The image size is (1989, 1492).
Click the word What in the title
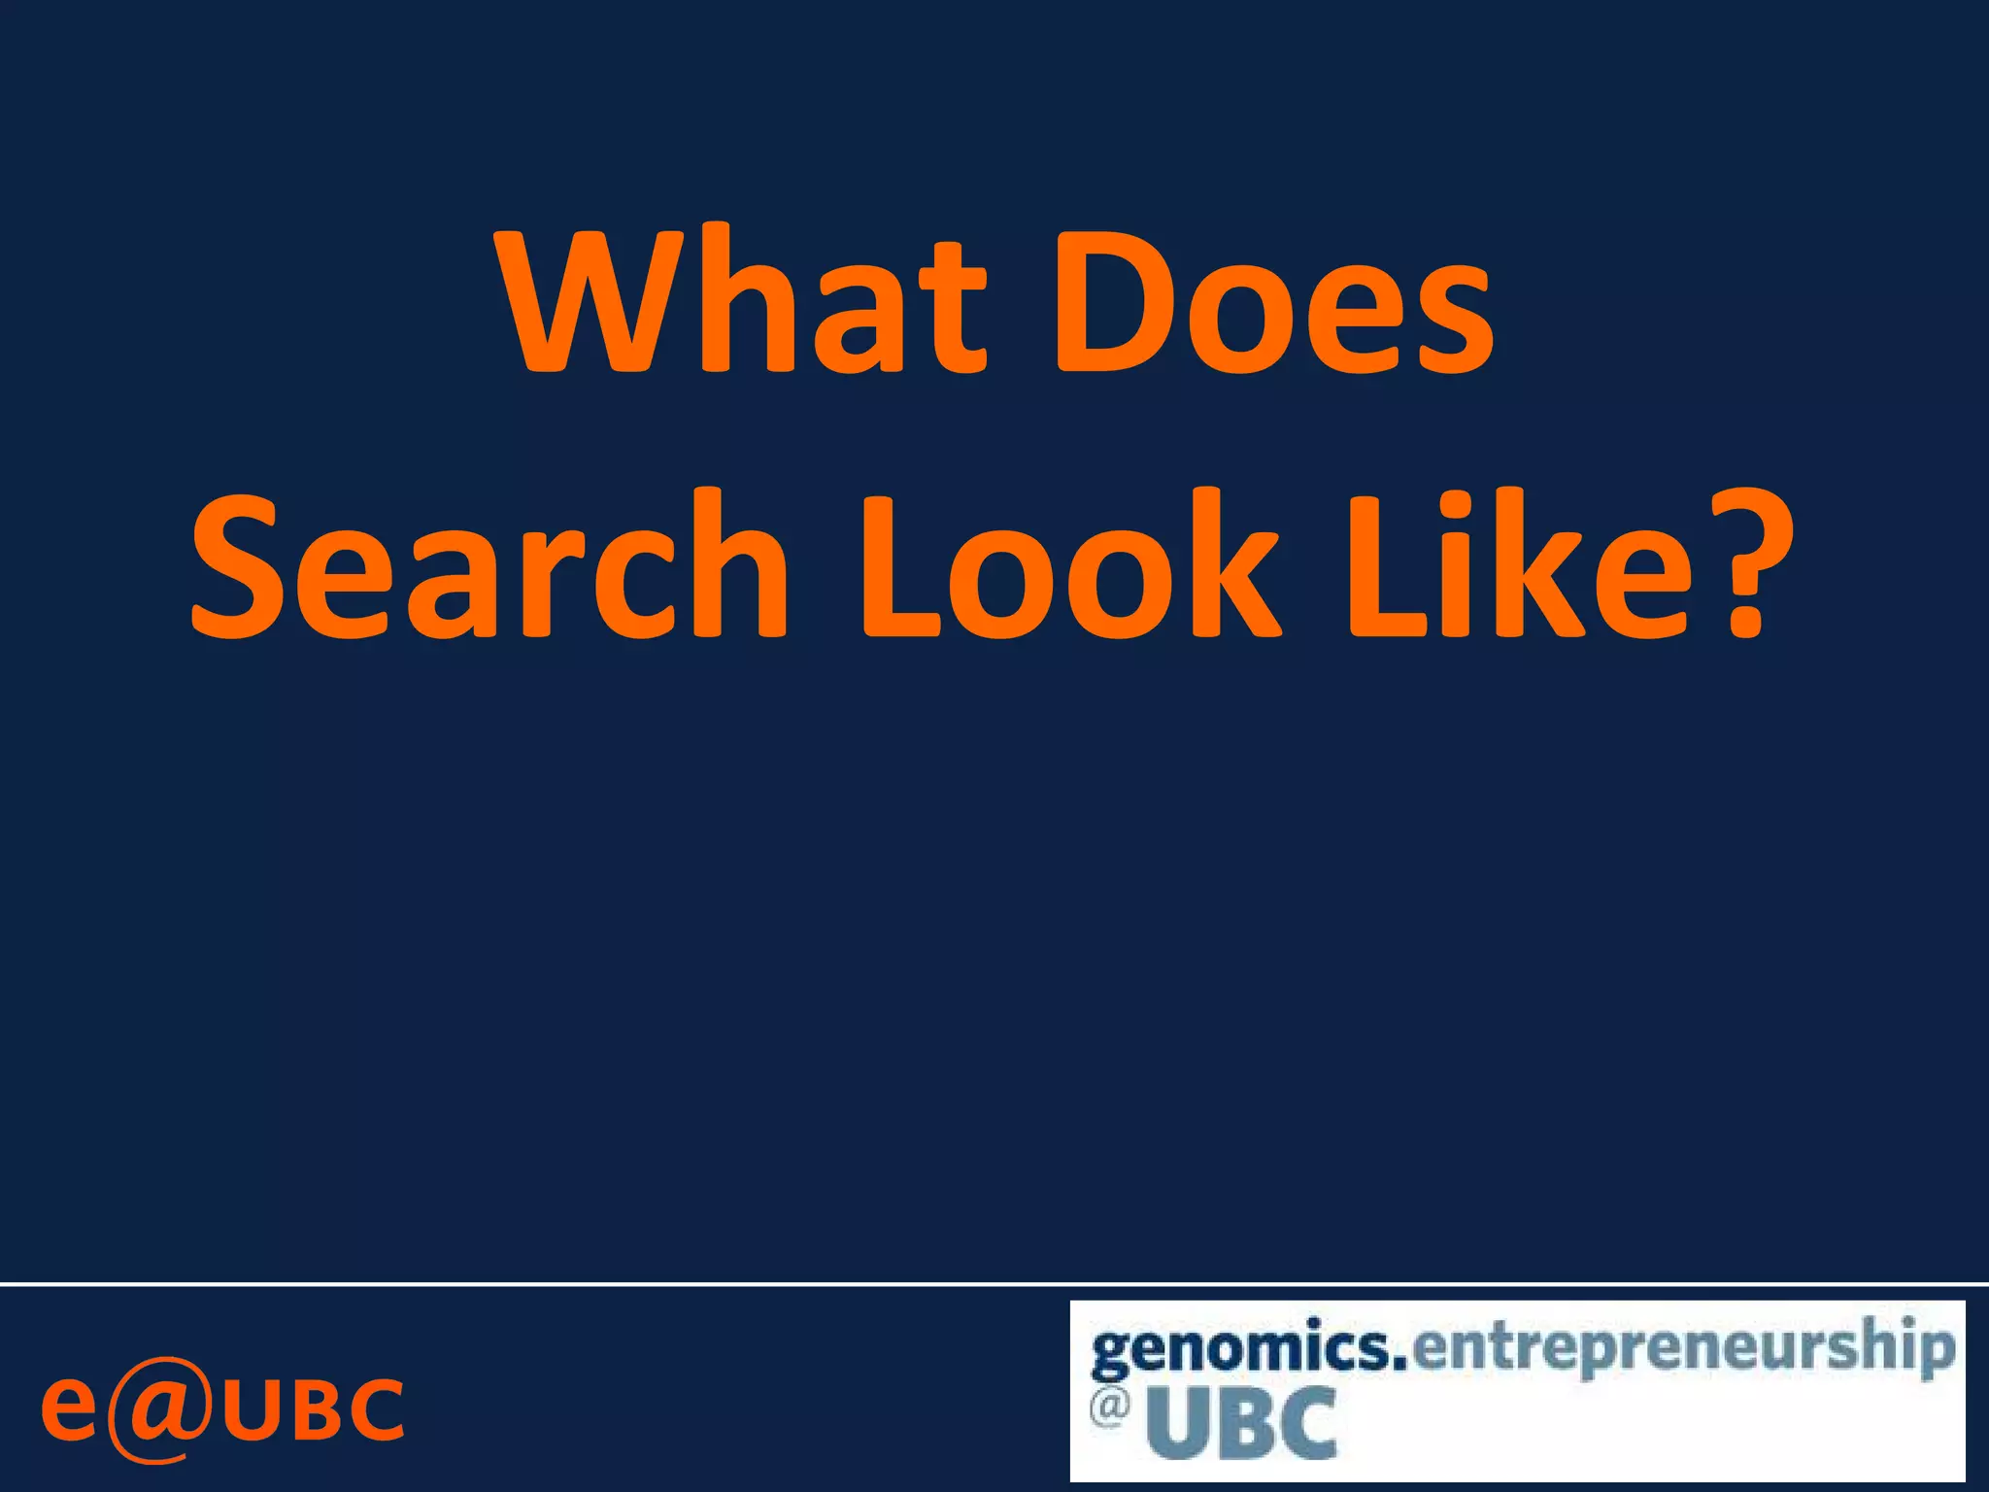(743, 301)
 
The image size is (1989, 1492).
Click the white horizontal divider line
(994, 1284)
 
